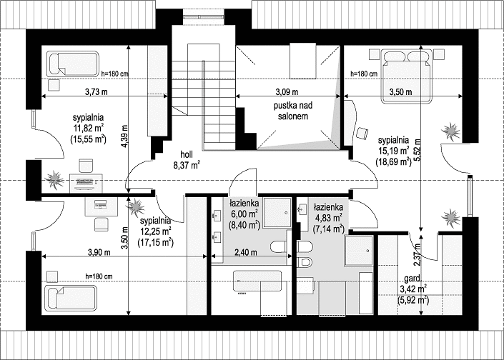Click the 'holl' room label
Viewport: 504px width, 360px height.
click(187, 154)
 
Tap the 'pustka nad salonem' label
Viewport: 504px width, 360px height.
click(293, 111)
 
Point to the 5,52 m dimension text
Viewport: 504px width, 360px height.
click(417, 150)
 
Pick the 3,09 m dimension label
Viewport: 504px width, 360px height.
click(287, 92)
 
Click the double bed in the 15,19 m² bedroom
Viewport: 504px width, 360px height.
click(406, 76)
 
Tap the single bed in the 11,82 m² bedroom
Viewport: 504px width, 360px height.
click(73, 64)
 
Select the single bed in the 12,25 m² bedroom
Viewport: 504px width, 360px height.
click(71, 298)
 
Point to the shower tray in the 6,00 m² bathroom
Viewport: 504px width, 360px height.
click(277, 213)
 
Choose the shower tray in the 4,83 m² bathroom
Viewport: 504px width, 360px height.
click(359, 251)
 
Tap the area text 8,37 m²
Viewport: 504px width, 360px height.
click(187, 166)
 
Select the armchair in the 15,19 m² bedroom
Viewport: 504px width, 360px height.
click(362, 134)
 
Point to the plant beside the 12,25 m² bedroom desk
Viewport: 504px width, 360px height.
click(136, 207)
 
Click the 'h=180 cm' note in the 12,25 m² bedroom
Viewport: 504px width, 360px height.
click(99, 276)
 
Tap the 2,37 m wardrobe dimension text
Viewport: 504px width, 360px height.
click(417, 255)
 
